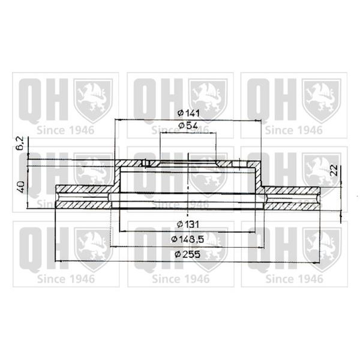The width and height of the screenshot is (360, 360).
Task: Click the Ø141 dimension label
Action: coord(189,113)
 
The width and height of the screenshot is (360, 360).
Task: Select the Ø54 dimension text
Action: coord(188,125)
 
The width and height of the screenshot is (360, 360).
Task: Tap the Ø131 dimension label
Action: coord(188,224)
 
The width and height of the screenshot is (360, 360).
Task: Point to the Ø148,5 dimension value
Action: coord(188,239)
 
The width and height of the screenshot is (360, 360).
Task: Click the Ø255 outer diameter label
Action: coord(188,254)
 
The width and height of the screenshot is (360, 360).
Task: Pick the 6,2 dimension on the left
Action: coord(20,143)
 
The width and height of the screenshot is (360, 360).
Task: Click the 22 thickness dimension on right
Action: coord(334,170)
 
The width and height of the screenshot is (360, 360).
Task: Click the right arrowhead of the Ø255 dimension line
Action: coord(316,262)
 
